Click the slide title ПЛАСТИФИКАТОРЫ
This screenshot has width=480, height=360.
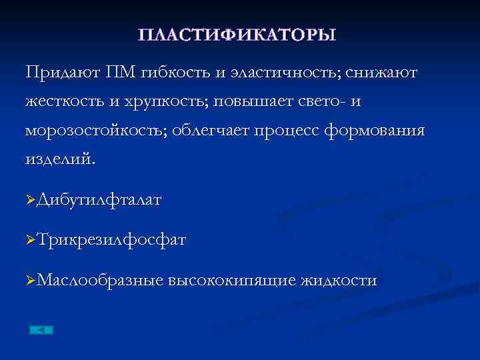tap(237, 35)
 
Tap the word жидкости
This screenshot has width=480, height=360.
tap(339, 281)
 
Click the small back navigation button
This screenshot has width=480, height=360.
tap(41, 329)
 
